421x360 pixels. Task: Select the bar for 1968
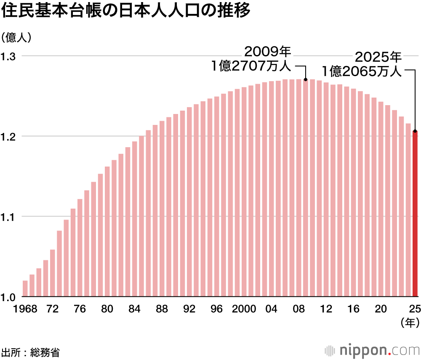click(x=25, y=289)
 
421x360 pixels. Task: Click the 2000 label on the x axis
click(x=244, y=309)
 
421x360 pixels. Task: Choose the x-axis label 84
click(x=135, y=309)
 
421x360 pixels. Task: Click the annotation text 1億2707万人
click(x=251, y=66)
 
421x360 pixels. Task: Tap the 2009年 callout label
click(x=268, y=52)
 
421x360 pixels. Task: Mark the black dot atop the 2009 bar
click(x=306, y=79)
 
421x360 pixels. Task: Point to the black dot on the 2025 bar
click(x=415, y=131)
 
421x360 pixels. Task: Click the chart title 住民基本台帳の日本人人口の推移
click(x=126, y=11)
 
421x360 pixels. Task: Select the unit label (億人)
click(x=16, y=37)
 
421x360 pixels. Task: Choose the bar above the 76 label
click(x=80, y=248)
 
